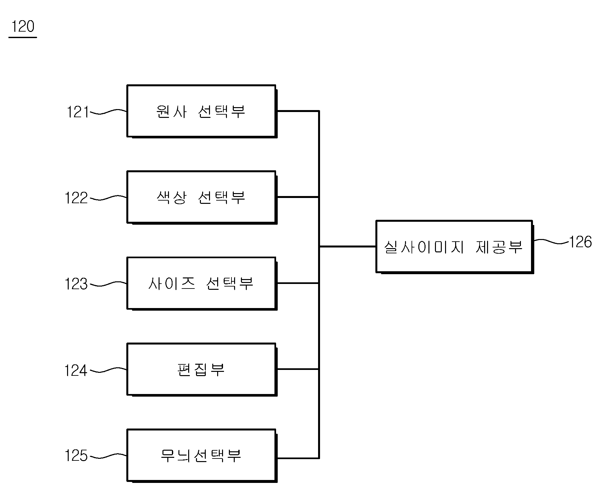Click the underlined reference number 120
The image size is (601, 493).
pyautogui.click(x=23, y=27)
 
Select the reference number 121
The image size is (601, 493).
pyautogui.click(x=78, y=112)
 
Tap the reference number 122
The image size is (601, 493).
pyautogui.click(x=77, y=198)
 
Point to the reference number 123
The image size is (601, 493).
pyautogui.click(x=77, y=284)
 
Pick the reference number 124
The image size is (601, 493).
pyautogui.click(x=76, y=371)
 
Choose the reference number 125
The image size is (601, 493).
pyautogui.click(x=77, y=456)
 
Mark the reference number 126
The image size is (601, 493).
pyautogui.click(x=580, y=242)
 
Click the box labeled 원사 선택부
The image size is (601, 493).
pyautogui.click(x=202, y=111)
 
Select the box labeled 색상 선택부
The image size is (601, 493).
pyautogui.click(x=202, y=197)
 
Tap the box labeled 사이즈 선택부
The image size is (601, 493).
pyautogui.click(x=202, y=284)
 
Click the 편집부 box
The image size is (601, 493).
pyautogui.click(x=202, y=370)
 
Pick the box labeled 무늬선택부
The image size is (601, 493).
pyautogui.click(x=202, y=456)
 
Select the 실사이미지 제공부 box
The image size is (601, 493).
pyautogui.click(x=455, y=247)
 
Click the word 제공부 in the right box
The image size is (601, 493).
pyautogui.click(x=499, y=247)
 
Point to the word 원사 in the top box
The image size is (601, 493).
pyautogui.click(x=172, y=111)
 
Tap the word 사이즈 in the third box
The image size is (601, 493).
pyautogui.click(x=172, y=284)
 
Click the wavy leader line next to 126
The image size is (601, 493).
pyautogui.click(x=551, y=241)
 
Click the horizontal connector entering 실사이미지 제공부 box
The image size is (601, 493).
pyautogui.click(x=347, y=246)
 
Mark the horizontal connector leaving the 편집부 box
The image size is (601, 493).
pyautogui.click(x=298, y=369)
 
